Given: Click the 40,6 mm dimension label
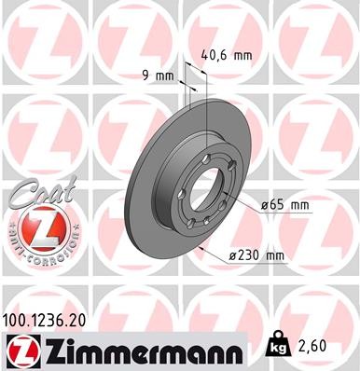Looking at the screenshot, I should [228, 55].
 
